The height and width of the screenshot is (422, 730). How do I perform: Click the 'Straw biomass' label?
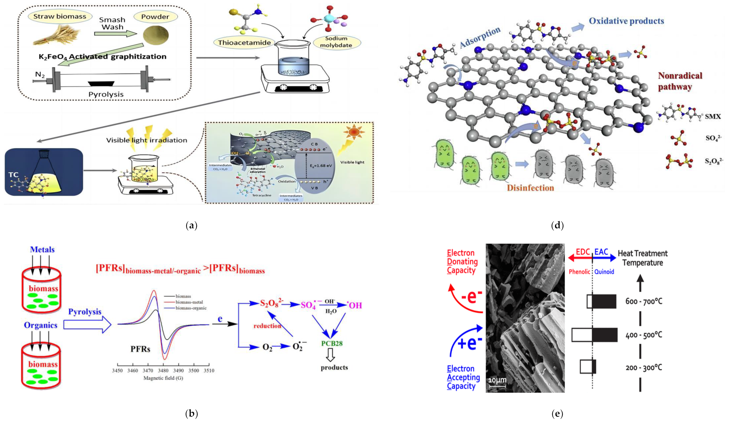coord(60,16)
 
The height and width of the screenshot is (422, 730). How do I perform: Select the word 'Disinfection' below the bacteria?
coord(530,188)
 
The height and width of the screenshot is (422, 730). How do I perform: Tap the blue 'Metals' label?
coord(42,249)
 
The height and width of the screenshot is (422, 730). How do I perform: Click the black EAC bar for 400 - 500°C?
coord(605,335)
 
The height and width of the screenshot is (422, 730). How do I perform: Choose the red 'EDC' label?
coord(583,252)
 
